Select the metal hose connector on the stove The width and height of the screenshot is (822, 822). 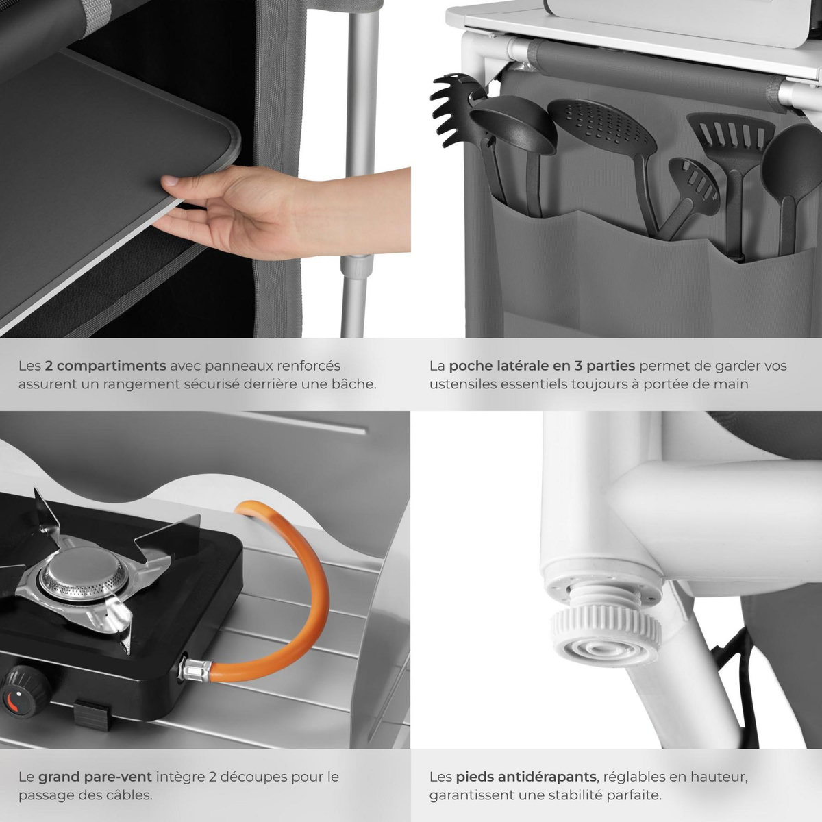(196, 670)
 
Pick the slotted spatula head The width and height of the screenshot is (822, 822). (730, 136)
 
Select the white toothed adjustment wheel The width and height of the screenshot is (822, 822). (607, 630)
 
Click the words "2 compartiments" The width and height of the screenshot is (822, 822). (105, 366)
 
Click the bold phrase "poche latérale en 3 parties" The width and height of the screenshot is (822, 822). (542, 366)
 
